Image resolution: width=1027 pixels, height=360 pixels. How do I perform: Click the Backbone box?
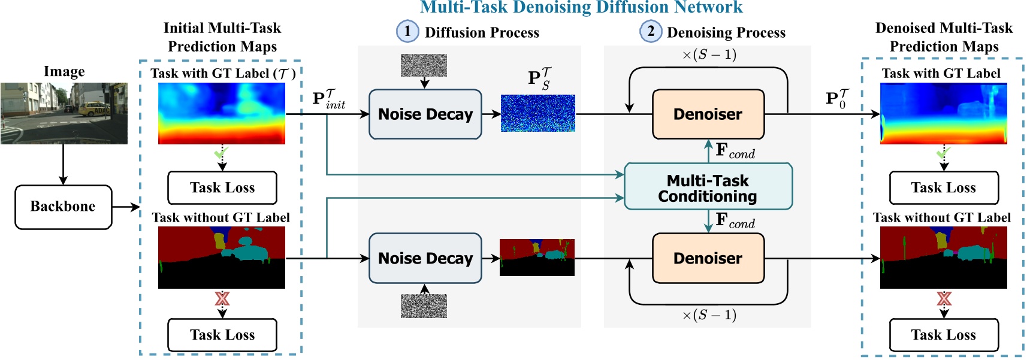tap(63, 207)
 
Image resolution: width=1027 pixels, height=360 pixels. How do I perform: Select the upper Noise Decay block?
tap(425, 114)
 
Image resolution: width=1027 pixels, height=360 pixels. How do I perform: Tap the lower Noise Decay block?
tap(425, 258)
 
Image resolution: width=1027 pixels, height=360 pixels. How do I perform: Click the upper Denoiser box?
tap(708, 114)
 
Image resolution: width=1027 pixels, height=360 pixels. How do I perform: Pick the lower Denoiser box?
tap(708, 258)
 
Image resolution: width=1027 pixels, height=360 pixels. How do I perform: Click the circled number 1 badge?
tap(407, 31)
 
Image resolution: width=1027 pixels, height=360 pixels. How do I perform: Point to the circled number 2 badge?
tap(651, 31)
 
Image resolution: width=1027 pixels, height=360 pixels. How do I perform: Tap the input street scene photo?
tap(64, 113)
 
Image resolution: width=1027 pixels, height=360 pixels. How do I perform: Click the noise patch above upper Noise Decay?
tap(424, 65)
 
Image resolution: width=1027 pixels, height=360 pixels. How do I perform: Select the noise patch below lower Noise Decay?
tap(424, 306)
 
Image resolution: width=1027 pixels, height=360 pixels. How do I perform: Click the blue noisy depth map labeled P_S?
tap(537, 113)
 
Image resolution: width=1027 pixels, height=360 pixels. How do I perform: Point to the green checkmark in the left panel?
tap(221, 153)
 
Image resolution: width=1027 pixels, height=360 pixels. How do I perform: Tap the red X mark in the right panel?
tap(944, 298)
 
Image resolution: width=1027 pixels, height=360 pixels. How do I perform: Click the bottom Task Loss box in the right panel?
tap(944, 335)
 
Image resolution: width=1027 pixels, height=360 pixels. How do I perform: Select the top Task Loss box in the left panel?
tap(222, 188)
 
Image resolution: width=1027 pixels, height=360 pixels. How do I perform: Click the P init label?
tap(328, 99)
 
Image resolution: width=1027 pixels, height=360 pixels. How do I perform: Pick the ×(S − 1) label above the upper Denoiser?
tap(709, 55)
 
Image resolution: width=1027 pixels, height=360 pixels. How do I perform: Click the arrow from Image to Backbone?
tap(63, 165)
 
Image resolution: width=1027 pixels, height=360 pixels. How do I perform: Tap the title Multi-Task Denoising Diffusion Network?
tap(581, 7)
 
